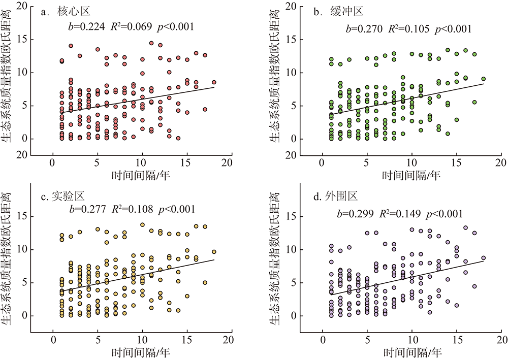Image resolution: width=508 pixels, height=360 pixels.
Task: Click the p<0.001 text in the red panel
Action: point(176,27)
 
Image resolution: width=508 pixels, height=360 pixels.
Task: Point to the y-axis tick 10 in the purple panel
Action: point(291,250)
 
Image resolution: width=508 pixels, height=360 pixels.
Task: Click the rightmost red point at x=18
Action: point(214,82)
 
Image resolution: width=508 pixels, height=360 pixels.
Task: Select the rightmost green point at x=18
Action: point(483,79)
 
